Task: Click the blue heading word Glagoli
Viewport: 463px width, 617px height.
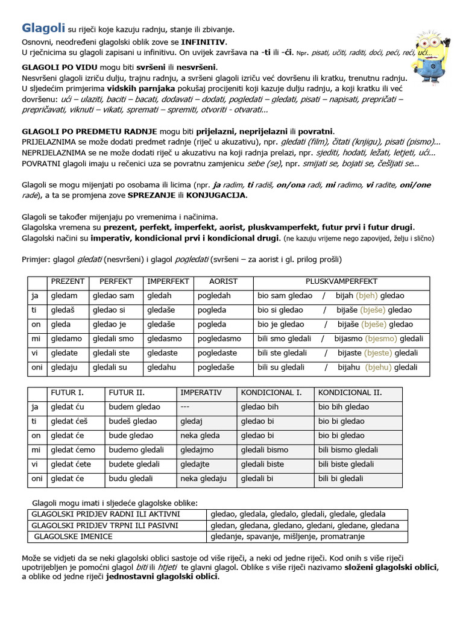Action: pos(39,28)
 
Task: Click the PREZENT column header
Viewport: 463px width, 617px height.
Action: pos(68,281)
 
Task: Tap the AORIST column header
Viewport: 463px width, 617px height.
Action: pos(223,281)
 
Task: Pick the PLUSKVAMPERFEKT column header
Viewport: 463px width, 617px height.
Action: pos(341,281)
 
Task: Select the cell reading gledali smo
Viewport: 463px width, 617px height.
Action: pos(113,339)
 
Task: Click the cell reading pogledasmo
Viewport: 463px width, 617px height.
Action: pos(219,339)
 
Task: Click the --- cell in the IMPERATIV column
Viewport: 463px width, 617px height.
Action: pos(186,407)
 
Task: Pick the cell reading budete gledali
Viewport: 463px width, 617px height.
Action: pos(134,464)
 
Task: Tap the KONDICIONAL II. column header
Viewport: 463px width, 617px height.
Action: pos(350,392)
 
